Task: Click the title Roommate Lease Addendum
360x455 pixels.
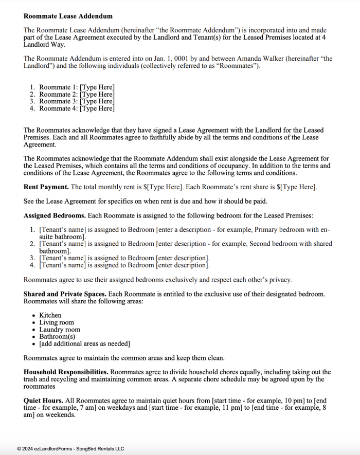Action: tap(68, 16)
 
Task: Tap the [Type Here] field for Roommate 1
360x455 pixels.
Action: tap(97, 87)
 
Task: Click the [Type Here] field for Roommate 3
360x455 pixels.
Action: tap(97, 101)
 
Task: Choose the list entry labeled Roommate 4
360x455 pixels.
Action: tap(59, 108)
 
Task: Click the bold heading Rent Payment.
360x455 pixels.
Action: tap(46, 187)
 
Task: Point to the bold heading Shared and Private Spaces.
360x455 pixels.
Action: tap(64, 294)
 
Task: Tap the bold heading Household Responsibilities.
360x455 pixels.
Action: tap(66, 372)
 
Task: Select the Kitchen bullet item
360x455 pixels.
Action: tap(50, 315)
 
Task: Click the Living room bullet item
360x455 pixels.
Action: tap(56, 322)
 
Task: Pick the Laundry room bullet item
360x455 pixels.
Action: tap(60, 330)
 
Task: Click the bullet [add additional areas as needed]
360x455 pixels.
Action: tap(84, 344)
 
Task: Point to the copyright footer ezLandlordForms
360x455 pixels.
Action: tap(70, 449)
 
